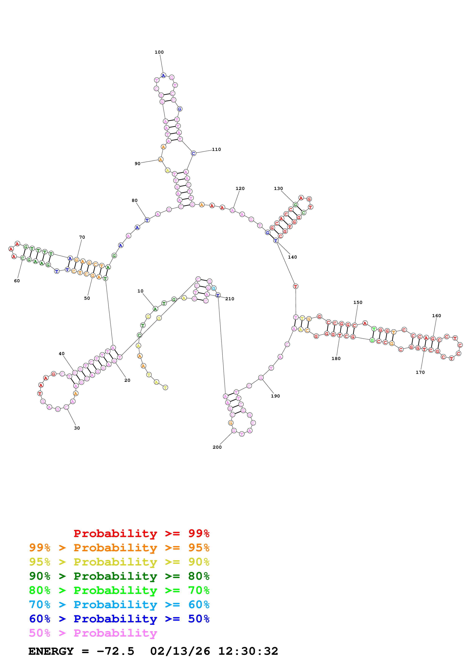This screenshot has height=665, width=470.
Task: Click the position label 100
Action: [x=159, y=52]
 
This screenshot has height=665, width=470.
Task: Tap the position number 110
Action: [x=216, y=149]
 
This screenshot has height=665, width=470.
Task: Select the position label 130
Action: [x=278, y=189]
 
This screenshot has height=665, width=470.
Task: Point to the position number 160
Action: [x=436, y=316]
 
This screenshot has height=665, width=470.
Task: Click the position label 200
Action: [x=217, y=447]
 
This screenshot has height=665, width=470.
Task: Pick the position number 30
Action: [x=77, y=428]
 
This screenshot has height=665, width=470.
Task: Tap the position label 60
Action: [x=17, y=281]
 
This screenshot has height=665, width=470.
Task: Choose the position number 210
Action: [x=230, y=299]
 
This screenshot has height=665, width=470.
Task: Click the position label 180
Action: [x=336, y=359]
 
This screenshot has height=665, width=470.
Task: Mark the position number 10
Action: [x=140, y=291]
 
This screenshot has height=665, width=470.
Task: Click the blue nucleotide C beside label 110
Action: [x=193, y=153]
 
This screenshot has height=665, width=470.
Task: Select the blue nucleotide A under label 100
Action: [x=163, y=76]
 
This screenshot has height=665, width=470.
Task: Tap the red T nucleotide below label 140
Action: [x=296, y=286]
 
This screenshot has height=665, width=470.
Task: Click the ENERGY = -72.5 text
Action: [x=81, y=651]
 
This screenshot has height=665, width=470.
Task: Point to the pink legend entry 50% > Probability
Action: [x=93, y=633]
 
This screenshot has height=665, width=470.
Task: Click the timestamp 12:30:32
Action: [x=248, y=651]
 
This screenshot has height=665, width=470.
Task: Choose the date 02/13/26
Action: [x=180, y=651]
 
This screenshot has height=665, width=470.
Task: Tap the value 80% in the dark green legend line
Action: [x=199, y=576]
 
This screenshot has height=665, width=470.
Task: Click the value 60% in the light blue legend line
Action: [x=199, y=605]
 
